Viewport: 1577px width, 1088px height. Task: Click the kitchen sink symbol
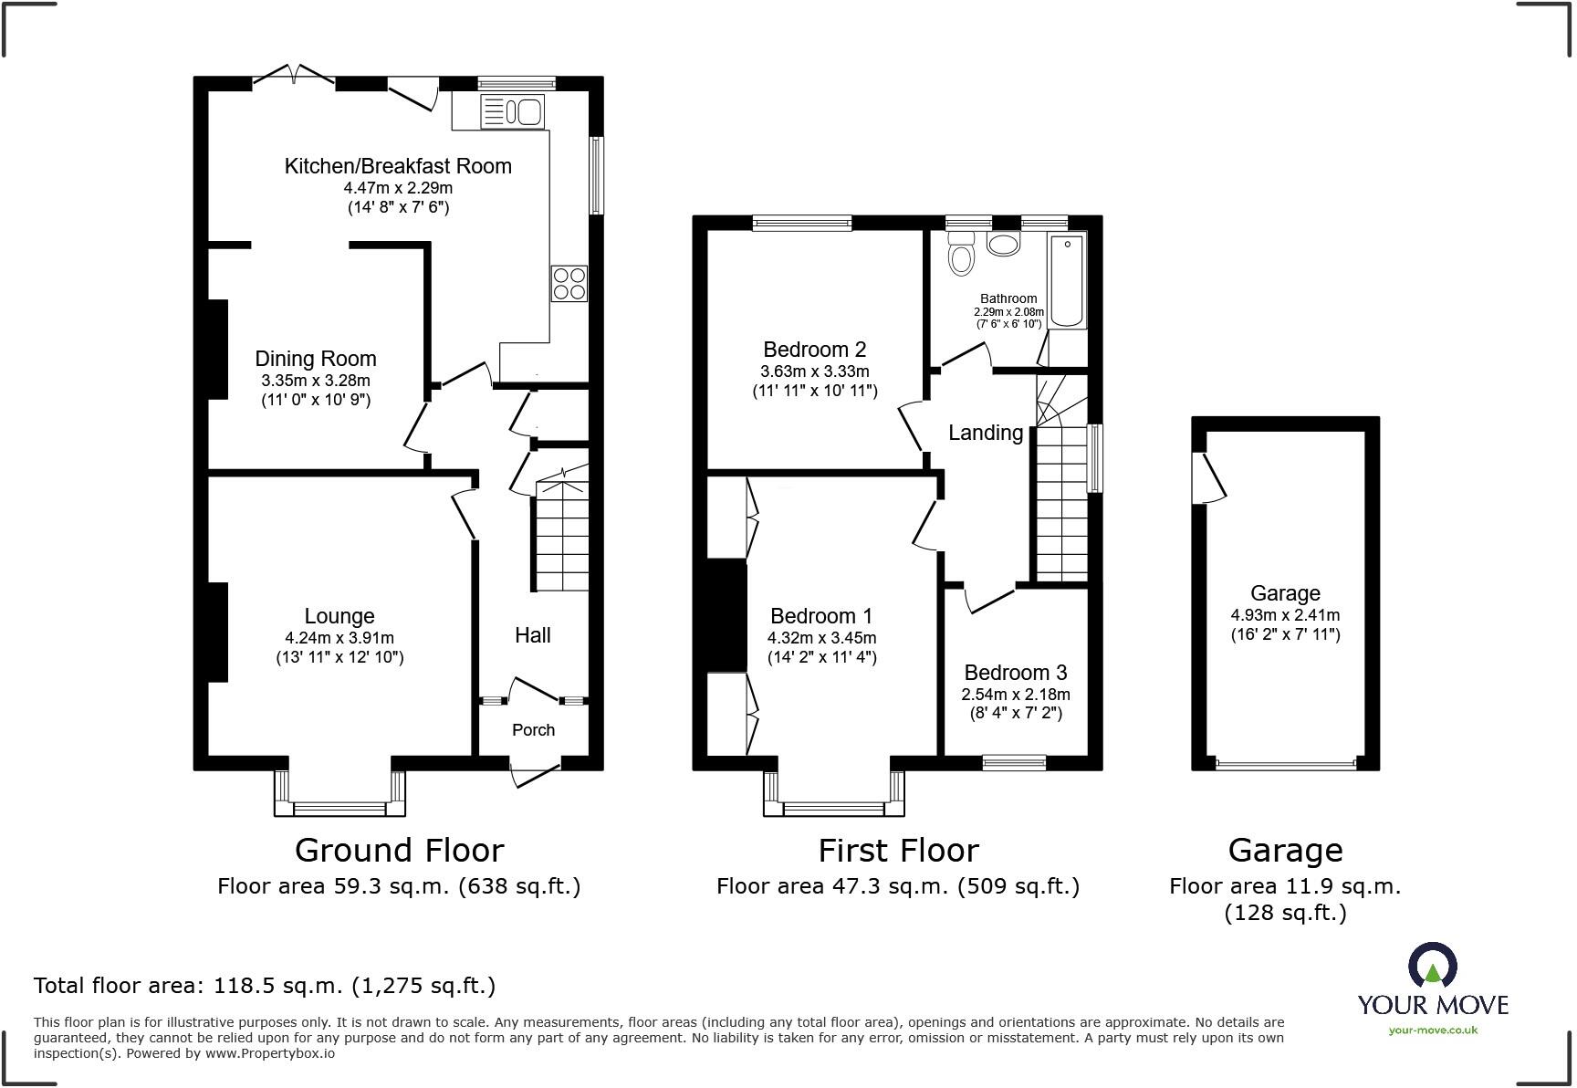pos(513,112)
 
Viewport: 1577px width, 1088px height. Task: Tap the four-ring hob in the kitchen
pos(569,283)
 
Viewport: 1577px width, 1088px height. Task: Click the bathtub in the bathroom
pos(1067,280)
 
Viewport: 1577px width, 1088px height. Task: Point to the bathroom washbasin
pos(1004,245)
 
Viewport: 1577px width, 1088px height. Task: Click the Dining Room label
pos(316,359)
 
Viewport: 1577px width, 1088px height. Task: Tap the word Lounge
pos(339,617)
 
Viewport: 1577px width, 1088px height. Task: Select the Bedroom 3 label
pos(1015,673)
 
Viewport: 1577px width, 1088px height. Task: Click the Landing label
pos(985,433)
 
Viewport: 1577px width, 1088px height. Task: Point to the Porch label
pos(533,729)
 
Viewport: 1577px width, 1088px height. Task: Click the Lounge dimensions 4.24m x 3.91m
pos(339,638)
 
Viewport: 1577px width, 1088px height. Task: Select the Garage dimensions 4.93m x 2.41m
pos(1285,615)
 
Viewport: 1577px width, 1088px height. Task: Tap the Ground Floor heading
pos(399,851)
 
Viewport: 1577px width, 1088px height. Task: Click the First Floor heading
pos(898,851)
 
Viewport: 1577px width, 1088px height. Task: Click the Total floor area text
pos(265,986)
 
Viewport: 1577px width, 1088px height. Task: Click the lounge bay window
pos(339,806)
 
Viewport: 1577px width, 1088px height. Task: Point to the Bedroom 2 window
pos(802,222)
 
